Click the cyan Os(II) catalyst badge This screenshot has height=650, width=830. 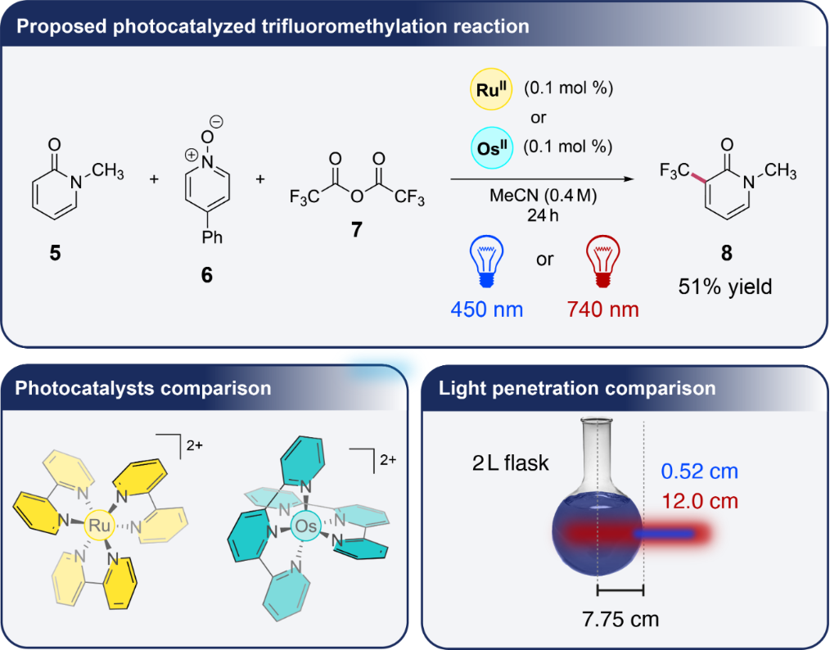pyautogui.click(x=489, y=148)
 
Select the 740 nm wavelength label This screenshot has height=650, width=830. pyautogui.click(x=603, y=309)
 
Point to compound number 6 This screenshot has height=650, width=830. pyautogui.click(x=205, y=275)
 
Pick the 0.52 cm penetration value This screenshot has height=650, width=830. pyautogui.click(x=700, y=472)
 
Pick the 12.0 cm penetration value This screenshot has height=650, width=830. pyautogui.click(x=700, y=499)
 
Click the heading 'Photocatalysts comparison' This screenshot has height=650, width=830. pyautogui.click(x=144, y=387)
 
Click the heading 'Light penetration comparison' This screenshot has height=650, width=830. pyautogui.click(x=578, y=387)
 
